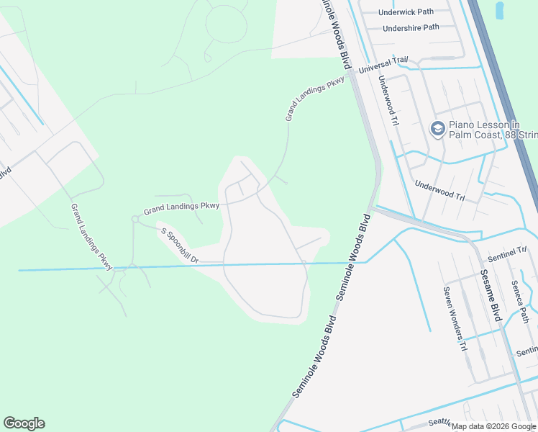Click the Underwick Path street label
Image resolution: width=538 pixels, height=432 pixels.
[x=406, y=12]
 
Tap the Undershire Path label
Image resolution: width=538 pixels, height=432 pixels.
[x=411, y=27]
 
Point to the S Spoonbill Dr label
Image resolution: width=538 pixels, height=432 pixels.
[x=179, y=246]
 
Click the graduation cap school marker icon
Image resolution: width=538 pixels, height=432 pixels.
[x=437, y=129]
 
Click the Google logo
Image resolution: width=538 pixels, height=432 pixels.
[x=24, y=423]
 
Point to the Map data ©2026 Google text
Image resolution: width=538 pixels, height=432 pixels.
[x=493, y=426]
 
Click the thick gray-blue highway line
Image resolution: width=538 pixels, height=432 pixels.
[x=503, y=94]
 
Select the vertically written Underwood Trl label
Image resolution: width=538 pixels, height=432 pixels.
[x=387, y=101]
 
